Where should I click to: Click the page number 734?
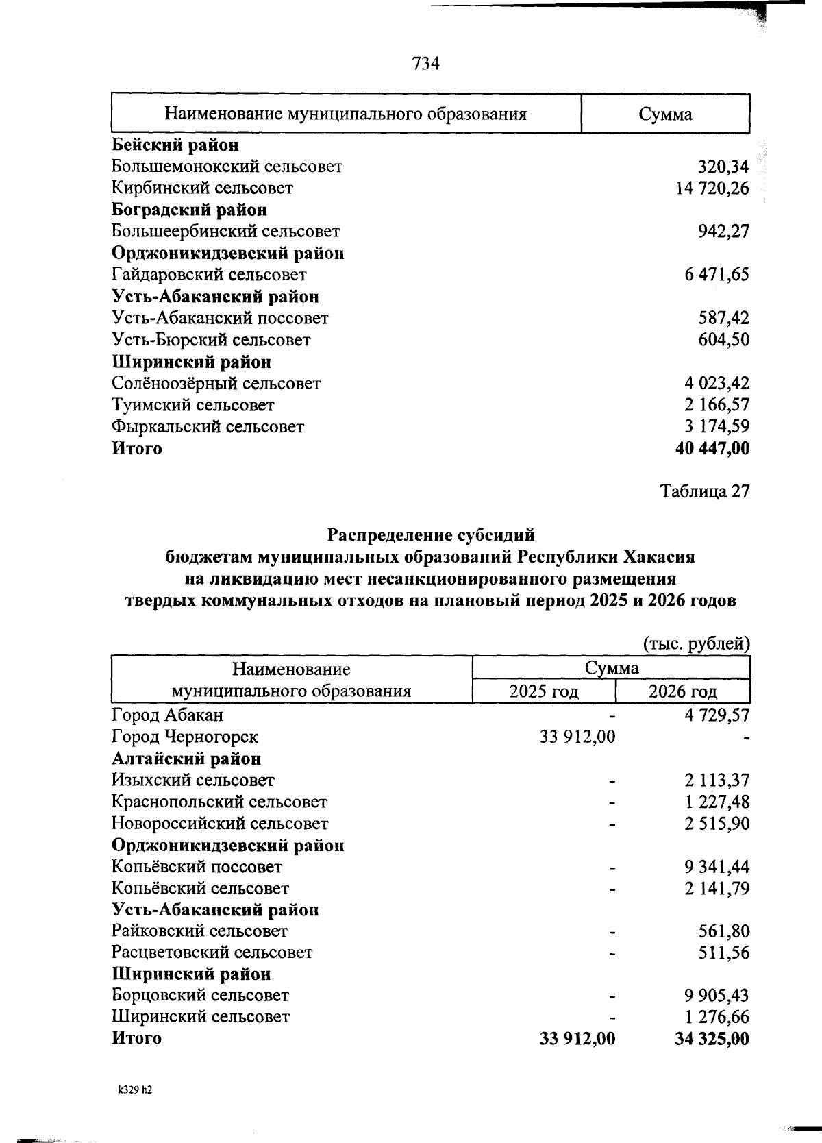click(x=425, y=64)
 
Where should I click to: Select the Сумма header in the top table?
click(x=664, y=114)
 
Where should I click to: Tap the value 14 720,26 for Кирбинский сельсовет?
click(x=712, y=188)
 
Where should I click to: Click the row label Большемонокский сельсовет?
click(x=227, y=167)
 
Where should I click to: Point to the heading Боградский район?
click(x=189, y=210)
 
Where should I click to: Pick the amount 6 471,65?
click(x=717, y=275)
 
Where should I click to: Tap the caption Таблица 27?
click(x=705, y=491)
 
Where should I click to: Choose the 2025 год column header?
click(x=544, y=691)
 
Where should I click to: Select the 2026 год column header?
click(x=683, y=691)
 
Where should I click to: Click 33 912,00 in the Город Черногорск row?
click(x=577, y=737)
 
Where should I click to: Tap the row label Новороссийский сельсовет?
click(x=220, y=824)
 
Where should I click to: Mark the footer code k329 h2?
click(x=134, y=1092)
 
